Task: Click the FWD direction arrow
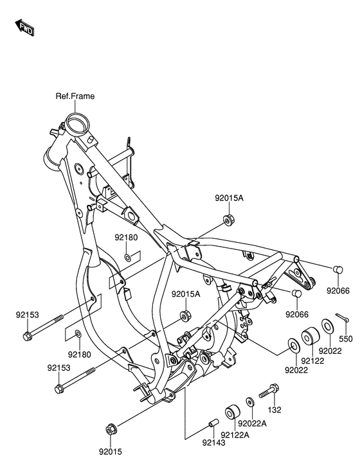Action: point(24,28)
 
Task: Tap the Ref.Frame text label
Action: point(75,96)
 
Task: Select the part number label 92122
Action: point(312,360)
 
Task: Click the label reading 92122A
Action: point(235,435)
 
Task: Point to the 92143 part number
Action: point(213,443)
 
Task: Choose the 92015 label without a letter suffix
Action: point(111,452)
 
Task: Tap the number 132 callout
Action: point(274,410)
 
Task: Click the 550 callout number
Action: point(346,339)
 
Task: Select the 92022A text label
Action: point(253,423)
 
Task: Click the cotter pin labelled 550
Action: point(342,318)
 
